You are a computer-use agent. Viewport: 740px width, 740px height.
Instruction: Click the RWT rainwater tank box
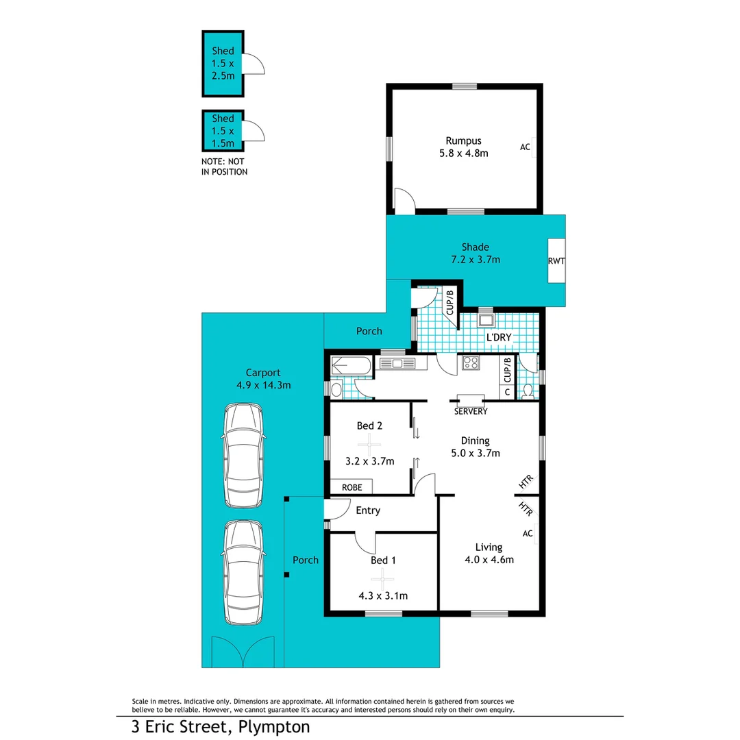[x=556, y=260]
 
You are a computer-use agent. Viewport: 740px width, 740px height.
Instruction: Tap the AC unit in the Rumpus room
[x=526, y=147]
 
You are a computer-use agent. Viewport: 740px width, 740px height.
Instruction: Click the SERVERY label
[x=471, y=412]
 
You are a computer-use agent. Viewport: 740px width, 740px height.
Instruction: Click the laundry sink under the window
[x=486, y=320]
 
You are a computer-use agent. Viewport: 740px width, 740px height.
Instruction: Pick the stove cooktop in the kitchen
[x=471, y=363]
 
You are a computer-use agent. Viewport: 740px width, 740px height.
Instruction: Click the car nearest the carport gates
[x=243, y=573]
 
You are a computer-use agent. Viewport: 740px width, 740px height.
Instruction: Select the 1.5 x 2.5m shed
[x=222, y=63]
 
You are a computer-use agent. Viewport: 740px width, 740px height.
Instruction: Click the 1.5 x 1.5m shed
[x=222, y=131]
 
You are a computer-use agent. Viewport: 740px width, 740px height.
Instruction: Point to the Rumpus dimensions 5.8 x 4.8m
[x=465, y=153]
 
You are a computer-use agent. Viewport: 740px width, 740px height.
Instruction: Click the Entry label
[x=368, y=510]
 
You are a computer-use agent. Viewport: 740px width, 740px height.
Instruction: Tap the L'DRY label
[x=499, y=338]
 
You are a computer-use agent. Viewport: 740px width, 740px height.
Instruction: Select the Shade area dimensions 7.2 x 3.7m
[x=476, y=260]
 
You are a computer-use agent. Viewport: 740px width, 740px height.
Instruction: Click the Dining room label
[x=475, y=441]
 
